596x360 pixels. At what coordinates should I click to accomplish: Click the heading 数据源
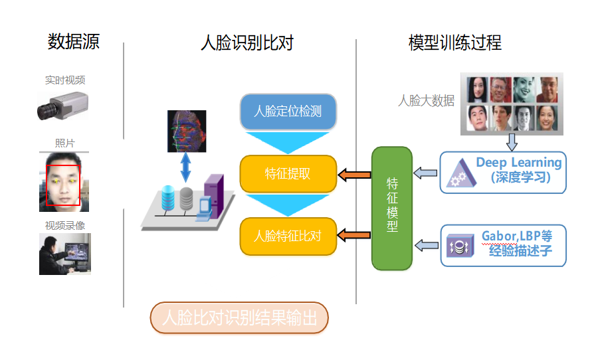tap(74, 43)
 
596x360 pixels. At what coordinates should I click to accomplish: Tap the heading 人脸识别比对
tap(247, 43)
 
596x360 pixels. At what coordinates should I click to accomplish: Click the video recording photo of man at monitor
tap(64, 254)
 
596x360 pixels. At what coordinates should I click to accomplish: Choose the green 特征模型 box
tap(392, 208)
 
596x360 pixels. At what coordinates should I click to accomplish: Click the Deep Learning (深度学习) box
tap(503, 172)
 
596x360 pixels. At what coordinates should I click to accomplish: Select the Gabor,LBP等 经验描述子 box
tap(503, 245)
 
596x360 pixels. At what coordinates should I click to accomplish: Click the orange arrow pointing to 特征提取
tap(354, 175)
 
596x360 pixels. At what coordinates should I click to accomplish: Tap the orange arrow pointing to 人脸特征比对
tap(354, 234)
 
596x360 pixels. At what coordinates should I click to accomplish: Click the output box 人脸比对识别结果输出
tap(239, 317)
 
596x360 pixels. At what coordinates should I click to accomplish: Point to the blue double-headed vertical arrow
tap(185, 167)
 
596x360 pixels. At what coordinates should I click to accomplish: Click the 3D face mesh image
tap(186, 131)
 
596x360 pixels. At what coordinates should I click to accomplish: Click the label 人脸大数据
tap(426, 101)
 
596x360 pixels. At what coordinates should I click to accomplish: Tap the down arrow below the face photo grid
tap(512, 142)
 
